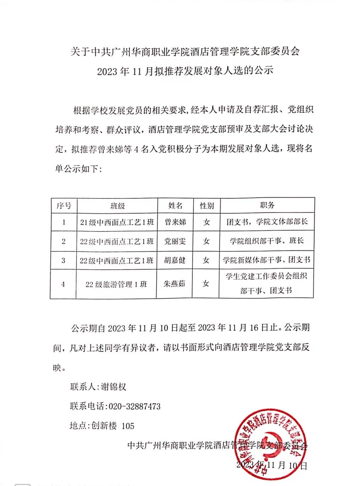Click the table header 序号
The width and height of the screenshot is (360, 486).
coord(64,205)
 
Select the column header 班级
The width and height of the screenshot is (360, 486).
coord(117,206)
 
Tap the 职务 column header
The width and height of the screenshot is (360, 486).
coord(267,205)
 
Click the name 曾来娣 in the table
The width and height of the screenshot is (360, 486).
coord(175,222)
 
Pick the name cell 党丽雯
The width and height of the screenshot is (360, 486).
coord(175,241)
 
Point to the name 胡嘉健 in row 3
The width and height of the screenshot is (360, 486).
coord(175,260)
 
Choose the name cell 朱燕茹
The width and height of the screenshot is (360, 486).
coord(174,284)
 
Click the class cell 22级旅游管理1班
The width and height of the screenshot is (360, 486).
coord(116,284)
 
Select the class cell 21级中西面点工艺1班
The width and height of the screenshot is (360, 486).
coord(117,222)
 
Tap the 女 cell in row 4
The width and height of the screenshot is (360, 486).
coord(206,284)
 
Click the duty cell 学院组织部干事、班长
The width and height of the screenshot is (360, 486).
coord(267,241)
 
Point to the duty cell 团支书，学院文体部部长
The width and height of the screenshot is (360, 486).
coord(267,222)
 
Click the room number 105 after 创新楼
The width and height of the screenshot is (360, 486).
coord(128,426)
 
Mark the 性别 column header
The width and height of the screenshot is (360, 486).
coord(207,206)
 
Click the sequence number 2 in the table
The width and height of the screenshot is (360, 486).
coord(63,242)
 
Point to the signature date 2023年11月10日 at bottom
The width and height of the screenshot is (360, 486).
coord(271,465)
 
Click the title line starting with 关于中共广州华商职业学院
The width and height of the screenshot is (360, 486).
coord(185,52)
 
